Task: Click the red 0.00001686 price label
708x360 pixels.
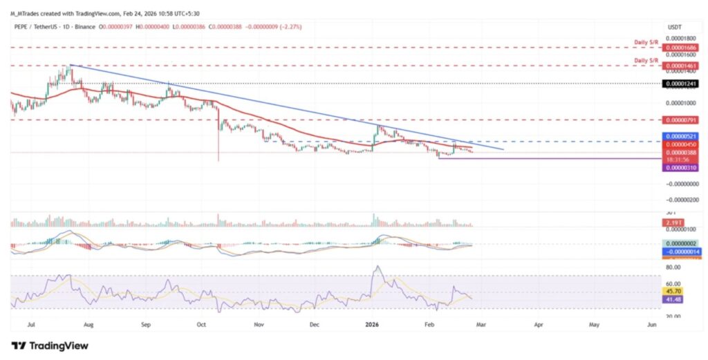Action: point(680,48)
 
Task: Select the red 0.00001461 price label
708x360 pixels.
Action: point(680,66)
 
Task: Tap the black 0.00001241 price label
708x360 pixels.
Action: point(680,84)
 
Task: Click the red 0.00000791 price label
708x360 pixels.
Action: point(680,120)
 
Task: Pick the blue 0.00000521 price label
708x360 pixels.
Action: point(680,136)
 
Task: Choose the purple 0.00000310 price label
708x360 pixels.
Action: point(680,168)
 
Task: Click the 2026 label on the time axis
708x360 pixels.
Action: point(372,323)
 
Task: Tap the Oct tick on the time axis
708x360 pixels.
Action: point(202,323)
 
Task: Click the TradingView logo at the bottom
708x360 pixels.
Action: point(50,345)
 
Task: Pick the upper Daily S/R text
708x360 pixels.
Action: point(646,43)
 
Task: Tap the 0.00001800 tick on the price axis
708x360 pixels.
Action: point(680,38)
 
